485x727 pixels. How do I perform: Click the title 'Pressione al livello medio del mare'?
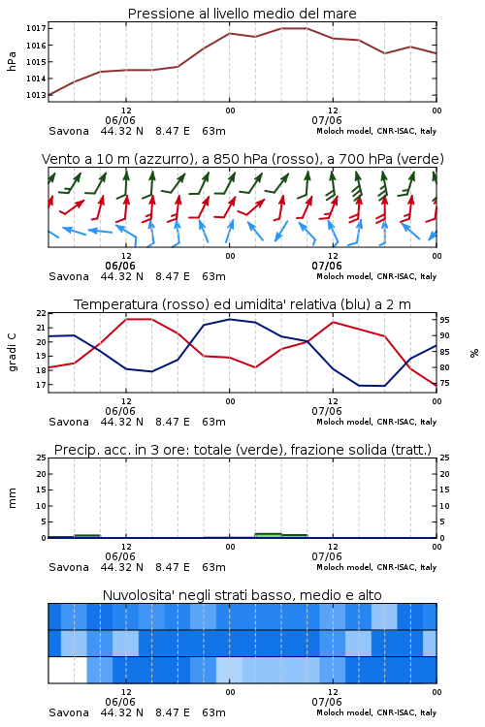[x=242, y=14]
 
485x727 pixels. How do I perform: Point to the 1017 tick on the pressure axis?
[x=36, y=28]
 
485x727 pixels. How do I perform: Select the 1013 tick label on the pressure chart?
[x=36, y=95]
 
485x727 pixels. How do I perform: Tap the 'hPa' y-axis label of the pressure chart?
[x=12, y=61]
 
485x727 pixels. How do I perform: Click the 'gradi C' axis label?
[x=13, y=353]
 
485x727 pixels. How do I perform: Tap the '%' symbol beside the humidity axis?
[x=474, y=353]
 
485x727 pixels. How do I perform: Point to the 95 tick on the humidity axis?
[x=444, y=320]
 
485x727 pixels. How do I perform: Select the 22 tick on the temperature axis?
[x=42, y=313]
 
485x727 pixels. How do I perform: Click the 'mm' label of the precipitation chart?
[x=12, y=498]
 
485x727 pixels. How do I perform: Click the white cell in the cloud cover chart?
[x=68, y=670]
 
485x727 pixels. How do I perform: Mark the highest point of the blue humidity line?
[x=229, y=320]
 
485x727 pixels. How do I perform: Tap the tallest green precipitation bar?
[x=269, y=535]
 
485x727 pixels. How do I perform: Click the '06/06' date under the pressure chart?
[x=120, y=120]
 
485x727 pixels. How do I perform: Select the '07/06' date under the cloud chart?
[x=327, y=702]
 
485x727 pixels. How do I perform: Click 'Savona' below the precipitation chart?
[x=69, y=567]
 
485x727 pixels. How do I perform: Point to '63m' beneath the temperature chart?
[x=214, y=422]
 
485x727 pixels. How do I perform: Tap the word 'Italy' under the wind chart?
[x=429, y=277]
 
